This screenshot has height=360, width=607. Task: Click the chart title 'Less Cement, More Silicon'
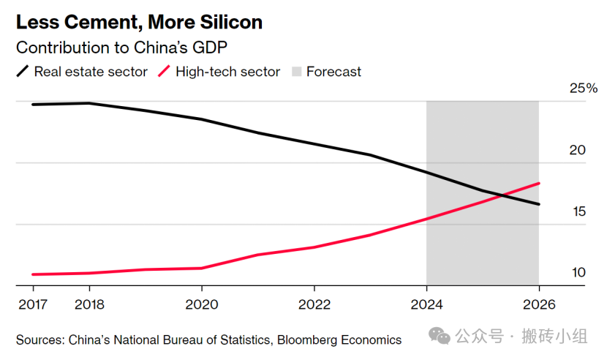139,23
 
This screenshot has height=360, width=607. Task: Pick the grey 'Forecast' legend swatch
296,72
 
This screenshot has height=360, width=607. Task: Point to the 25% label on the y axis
584,89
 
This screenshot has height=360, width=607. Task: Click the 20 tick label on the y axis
578,150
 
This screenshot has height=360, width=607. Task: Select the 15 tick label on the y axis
578,211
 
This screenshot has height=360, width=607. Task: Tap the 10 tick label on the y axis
578,273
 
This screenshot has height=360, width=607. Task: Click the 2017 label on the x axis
32,304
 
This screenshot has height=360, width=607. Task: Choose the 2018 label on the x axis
89,304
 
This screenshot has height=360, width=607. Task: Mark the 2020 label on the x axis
202,304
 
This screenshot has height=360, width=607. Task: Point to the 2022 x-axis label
314,304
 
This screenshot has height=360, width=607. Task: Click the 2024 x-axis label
426,304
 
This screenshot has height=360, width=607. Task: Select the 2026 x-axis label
538,304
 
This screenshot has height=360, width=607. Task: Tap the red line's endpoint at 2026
539,183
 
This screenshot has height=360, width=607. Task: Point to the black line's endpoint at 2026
539,204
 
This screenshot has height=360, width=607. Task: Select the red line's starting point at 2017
33,274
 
